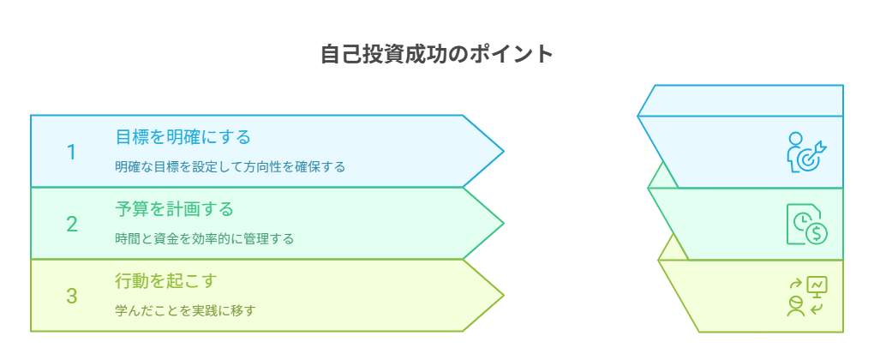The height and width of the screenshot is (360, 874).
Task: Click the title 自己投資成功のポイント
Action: tap(437, 54)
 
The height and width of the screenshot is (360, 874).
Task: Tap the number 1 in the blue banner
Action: tap(71, 152)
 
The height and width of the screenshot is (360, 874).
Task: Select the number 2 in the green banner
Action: tap(72, 225)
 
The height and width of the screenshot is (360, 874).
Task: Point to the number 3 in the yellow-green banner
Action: tap(72, 297)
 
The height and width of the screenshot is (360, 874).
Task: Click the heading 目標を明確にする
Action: tap(183, 136)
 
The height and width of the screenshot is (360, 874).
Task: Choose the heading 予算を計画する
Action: tap(175, 208)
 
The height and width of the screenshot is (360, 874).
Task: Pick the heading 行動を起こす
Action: tap(166, 280)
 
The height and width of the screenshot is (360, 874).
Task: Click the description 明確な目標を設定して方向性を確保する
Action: tap(230, 166)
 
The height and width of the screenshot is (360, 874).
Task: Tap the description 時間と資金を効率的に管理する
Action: tap(205, 238)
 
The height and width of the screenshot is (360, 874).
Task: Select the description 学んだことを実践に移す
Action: tap(185, 310)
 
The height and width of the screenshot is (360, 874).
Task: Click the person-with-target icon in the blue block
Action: tap(806, 153)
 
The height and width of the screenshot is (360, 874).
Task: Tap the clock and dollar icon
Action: tap(806, 225)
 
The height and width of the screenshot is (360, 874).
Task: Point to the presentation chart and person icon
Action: tap(806, 297)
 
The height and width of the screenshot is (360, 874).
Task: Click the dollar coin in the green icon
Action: tap(816, 231)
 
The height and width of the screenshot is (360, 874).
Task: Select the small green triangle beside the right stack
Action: tap(660, 177)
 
